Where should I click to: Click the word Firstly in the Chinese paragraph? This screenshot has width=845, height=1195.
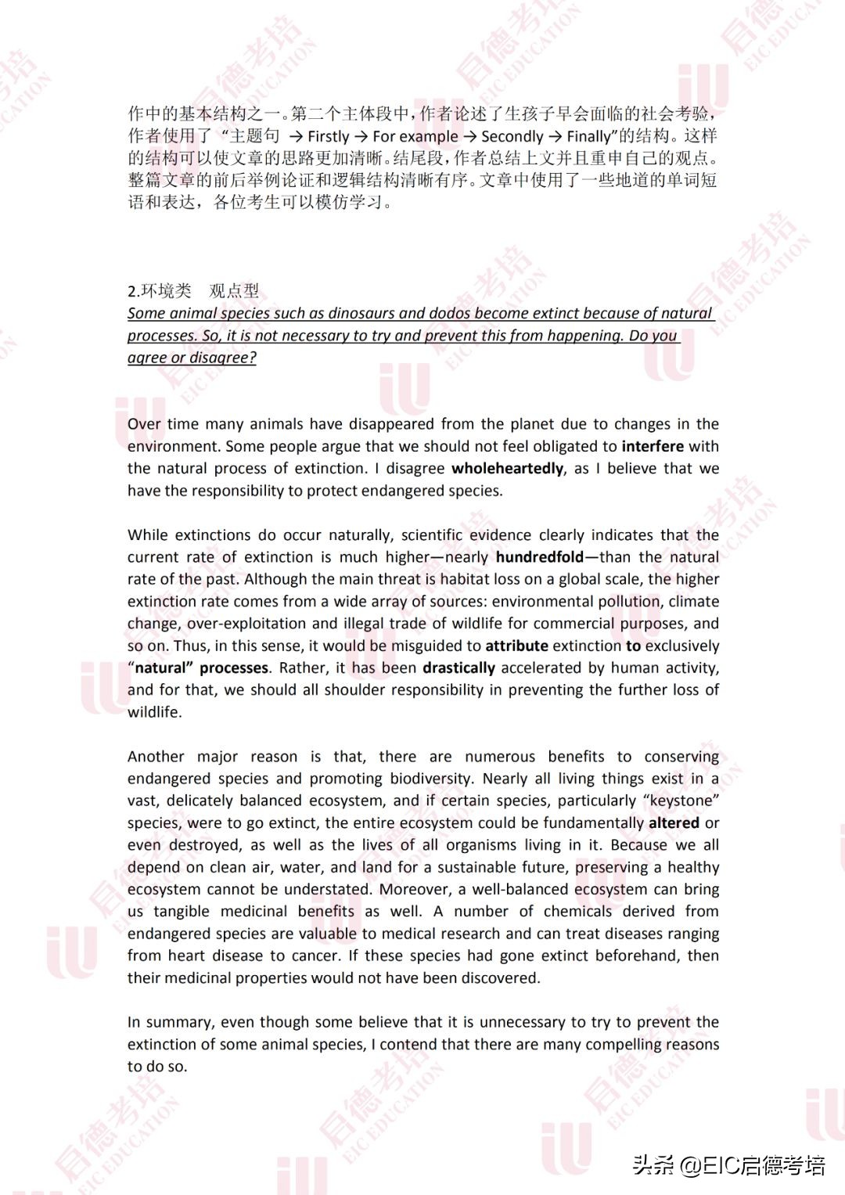[x=329, y=136]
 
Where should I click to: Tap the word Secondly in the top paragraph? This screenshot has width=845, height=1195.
[x=512, y=136]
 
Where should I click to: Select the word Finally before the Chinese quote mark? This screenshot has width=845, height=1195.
[x=588, y=136]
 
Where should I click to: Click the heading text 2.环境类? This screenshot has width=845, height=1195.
[x=160, y=291]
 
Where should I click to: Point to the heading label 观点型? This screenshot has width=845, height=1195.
[x=234, y=291]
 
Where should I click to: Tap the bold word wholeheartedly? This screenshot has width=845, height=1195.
[x=507, y=469]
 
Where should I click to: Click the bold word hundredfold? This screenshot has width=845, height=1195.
[x=540, y=557]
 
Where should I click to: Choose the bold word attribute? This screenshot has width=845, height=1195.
[x=516, y=646]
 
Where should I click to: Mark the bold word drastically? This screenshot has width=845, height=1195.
[x=458, y=668]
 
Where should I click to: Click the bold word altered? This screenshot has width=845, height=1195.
[x=674, y=823]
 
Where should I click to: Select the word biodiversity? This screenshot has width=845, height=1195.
[x=431, y=779]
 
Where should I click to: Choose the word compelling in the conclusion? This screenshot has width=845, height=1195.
[x=622, y=1045]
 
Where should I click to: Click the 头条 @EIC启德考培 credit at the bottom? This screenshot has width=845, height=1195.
[x=728, y=1166]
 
